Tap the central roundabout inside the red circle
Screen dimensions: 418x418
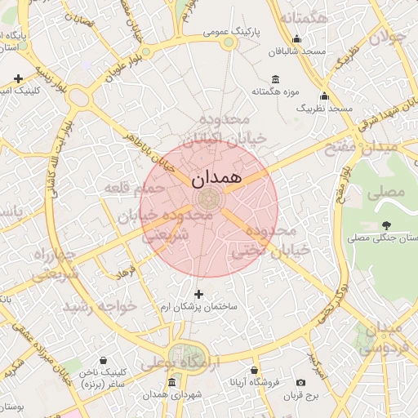(209, 198)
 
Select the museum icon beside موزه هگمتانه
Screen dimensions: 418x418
(274, 79)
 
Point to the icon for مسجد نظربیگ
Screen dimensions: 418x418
(325, 96)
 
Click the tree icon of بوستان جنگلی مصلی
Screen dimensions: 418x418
(386, 225)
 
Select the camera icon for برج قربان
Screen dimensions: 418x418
(300, 382)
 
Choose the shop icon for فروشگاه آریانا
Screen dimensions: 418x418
(255, 369)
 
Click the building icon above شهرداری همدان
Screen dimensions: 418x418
(171, 382)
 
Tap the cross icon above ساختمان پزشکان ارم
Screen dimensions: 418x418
(198, 293)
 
